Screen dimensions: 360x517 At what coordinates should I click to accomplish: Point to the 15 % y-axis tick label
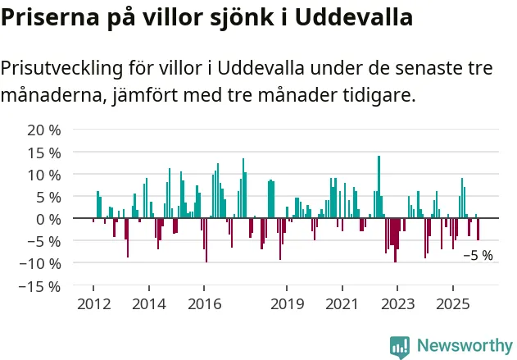(44, 153)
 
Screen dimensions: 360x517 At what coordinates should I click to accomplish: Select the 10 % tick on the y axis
(44, 175)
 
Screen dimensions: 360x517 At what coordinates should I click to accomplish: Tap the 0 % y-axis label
(48, 219)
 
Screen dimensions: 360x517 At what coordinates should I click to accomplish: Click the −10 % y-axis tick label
(40, 263)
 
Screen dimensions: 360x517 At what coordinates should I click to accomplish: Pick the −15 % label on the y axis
(40, 286)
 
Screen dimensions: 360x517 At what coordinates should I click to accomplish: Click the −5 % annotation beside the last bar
(478, 255)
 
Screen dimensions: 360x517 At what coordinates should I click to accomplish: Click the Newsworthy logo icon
(399, 346)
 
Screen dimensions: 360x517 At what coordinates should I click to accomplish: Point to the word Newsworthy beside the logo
(464, 346)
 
